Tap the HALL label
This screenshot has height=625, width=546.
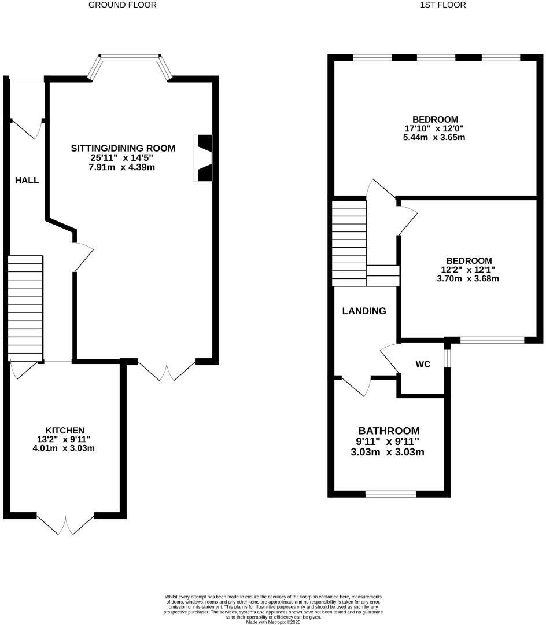(27, 181)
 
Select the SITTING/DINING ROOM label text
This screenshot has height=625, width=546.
(123, 148)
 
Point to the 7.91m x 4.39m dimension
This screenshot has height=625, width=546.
(123, 167)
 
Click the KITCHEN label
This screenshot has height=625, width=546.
(65, 430)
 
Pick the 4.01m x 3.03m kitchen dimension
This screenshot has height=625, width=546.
(65, 448)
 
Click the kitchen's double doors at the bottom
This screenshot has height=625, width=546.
(66, 524)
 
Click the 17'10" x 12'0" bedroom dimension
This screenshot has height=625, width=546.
(435, 128)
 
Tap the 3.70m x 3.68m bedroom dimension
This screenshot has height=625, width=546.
(468, 278)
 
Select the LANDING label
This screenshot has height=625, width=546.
(364, 311)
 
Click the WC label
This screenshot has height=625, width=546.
(423, 365)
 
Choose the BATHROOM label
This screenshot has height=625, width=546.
(389, 431)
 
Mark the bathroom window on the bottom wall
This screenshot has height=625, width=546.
(390, 494)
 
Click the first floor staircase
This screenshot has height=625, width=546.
(349, 243)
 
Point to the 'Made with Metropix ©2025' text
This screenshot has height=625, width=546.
(273, 622)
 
